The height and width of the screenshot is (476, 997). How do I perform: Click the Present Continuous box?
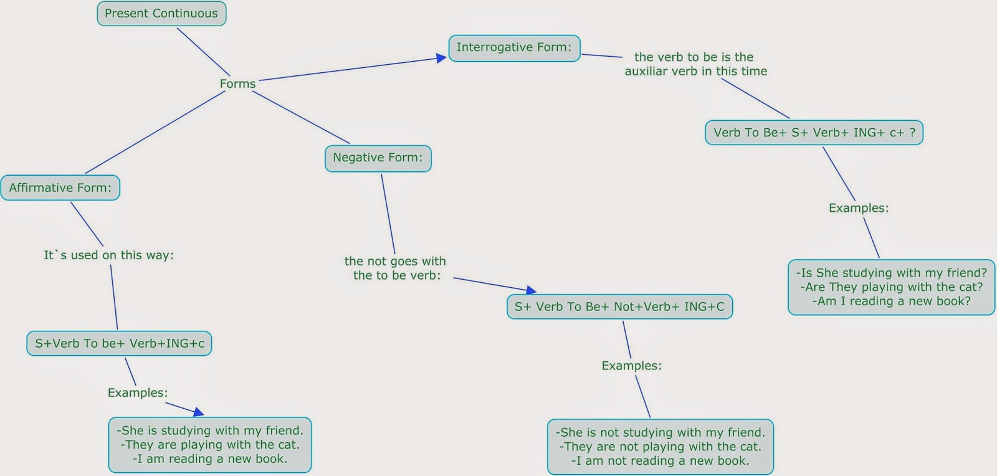(x=161, y=14)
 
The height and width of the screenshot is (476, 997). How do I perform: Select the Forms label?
(x=237, y=83)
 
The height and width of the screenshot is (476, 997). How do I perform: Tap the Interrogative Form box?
(x=514, y=48)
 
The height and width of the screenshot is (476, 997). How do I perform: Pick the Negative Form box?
(x=378, y=158)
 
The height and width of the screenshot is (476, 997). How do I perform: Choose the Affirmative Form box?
(x=60, y=188)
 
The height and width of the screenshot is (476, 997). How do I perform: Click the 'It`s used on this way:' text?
(x=108, y=255)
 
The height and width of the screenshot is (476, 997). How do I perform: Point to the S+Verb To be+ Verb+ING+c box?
(x=119, y=344)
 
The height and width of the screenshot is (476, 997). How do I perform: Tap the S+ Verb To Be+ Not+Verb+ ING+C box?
(x=619, y=307)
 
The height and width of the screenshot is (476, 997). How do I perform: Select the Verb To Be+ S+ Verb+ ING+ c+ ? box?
(x=814, y=133)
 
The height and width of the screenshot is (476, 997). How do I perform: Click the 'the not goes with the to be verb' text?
(x=396, y=269)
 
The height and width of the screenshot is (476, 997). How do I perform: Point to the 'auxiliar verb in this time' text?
(x=696, y=71)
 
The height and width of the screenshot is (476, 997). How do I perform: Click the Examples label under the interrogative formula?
(x=859, y=208)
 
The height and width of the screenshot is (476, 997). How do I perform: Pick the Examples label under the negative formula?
(x=631, y=366)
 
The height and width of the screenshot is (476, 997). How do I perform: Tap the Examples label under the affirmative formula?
(x=138, y=393)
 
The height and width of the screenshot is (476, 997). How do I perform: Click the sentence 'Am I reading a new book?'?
(x=892, y=302)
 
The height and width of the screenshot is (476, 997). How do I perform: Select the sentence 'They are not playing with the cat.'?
(x=661, y=447)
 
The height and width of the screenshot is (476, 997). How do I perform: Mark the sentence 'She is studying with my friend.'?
(x=210, y=431)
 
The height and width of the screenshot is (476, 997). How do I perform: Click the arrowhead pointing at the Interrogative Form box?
(x=442, y=58)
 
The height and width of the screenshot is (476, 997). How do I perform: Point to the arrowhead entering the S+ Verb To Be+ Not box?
(x=531, y=290)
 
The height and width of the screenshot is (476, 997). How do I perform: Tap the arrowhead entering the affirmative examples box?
(x=199, y=412)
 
